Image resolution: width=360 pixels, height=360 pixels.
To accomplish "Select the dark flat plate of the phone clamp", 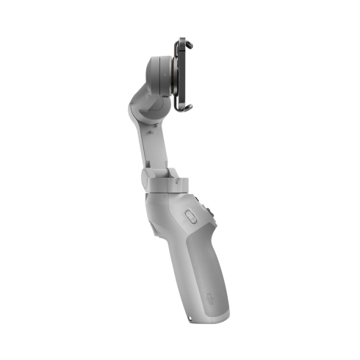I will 184,75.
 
